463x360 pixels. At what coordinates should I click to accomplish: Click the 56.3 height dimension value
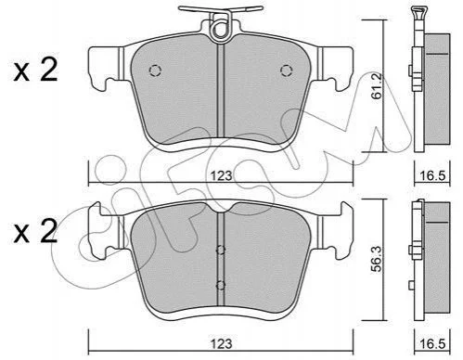(x=378, y=259)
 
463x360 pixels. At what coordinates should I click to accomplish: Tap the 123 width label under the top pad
(x=222, y=176)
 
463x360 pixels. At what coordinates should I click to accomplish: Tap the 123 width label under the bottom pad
(x=222, y=343)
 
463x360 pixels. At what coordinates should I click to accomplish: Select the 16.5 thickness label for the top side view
(x=432, y=176)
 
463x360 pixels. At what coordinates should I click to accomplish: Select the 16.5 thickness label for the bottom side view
(x=432, y=344)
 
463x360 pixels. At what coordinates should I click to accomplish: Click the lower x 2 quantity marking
(x=35, y=231)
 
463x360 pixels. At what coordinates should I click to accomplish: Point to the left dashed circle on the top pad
(x=155, y=71)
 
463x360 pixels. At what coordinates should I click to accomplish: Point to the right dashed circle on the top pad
(x=286, y=71)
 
